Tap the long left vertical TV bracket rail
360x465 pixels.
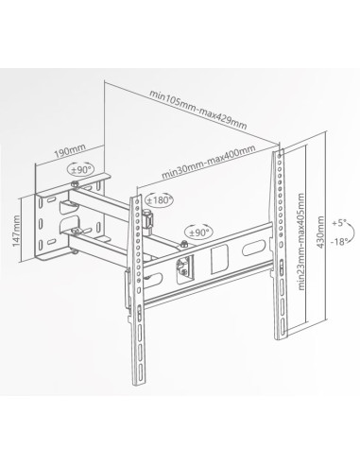click(138, 284)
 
